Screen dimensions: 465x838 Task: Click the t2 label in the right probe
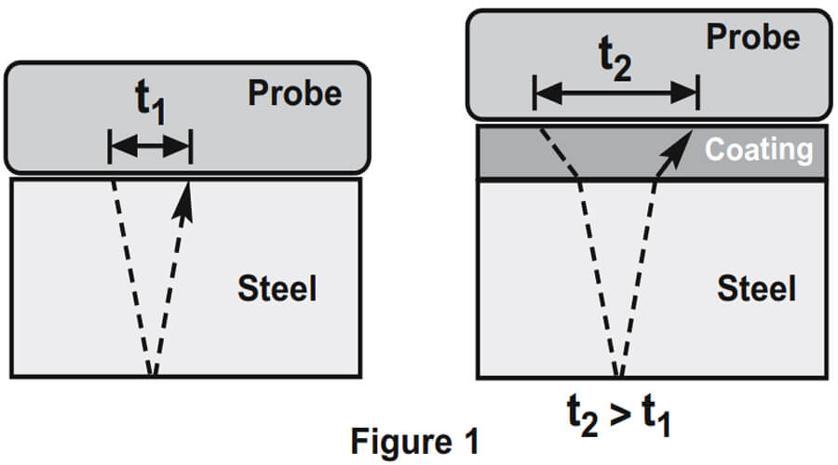(616, 59)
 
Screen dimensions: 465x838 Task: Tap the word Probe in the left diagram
(294, 93)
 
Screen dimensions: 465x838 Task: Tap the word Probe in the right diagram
(753, 37)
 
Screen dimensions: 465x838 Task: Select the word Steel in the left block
(277, 288)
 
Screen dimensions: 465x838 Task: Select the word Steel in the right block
(756, 288)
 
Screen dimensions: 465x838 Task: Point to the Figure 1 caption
(414, 442)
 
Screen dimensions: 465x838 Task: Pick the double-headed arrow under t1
(150, 145)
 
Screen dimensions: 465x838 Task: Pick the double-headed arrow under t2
(615, 92)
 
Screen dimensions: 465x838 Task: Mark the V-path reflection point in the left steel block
(153, 374)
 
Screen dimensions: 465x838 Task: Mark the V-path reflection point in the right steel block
(616, 375)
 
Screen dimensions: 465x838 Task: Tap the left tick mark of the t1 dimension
(110, 145)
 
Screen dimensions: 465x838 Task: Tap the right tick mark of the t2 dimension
(697, 92)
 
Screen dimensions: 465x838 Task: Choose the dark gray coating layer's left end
(482, 152)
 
